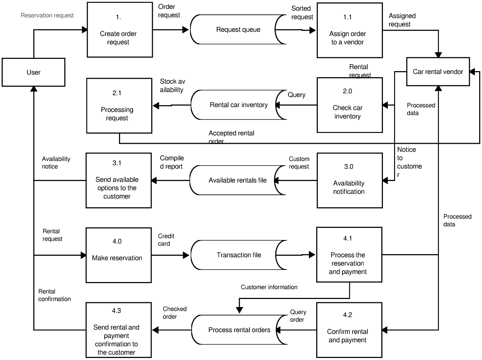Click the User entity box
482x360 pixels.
33,72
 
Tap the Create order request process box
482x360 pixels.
118,30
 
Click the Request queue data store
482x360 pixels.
238,29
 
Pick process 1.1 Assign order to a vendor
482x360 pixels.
349,30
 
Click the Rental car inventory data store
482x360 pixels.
239,105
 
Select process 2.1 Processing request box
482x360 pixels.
118,106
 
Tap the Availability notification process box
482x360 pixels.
349,180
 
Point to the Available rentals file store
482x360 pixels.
237,180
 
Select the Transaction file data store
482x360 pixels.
239,255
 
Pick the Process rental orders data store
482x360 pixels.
239,330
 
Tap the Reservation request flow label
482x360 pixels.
47,16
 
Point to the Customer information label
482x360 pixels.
269,287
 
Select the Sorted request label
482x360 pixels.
302,13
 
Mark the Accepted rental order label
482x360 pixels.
232,137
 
